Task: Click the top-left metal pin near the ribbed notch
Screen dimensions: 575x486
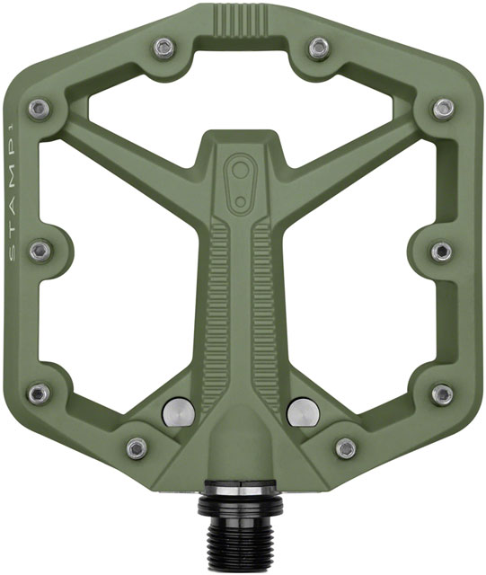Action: (163, 47)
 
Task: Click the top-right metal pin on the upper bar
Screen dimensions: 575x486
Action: (319, 47)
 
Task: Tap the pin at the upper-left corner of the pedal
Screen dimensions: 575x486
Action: (40, 109)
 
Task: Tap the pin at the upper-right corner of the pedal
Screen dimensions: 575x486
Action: (442, 109)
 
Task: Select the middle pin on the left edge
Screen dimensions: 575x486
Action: (40, 251)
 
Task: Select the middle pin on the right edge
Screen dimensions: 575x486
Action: (442, 251)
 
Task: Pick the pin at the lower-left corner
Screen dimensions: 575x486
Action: (40, 393)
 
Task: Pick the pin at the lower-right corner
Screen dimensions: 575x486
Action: (442, 393)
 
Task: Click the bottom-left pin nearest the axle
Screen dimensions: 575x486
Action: (137, 447)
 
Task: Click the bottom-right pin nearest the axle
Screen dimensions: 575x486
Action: (345, 447)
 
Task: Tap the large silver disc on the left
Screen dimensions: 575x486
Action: (178, 411)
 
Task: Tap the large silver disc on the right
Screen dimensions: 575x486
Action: (302, 411)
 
